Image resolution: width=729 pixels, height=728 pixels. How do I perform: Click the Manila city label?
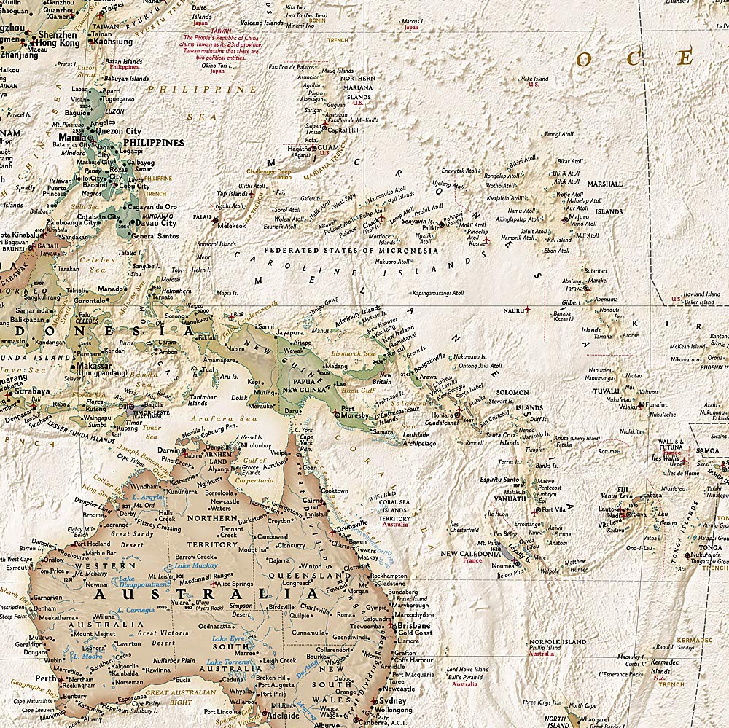click(x=72, y=137)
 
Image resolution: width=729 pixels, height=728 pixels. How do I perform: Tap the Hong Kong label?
click(x=58, y=43)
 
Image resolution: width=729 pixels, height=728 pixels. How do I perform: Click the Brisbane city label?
click(x=413, y=625)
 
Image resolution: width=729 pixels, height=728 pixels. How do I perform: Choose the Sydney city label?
click(x=393, y=701)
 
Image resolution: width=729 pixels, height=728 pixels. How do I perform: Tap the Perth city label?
click(x=46, y=678)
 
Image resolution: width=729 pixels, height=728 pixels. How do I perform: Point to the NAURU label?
click(x=515, y=310)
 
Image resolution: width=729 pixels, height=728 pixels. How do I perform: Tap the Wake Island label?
click(x=534, y=79)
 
